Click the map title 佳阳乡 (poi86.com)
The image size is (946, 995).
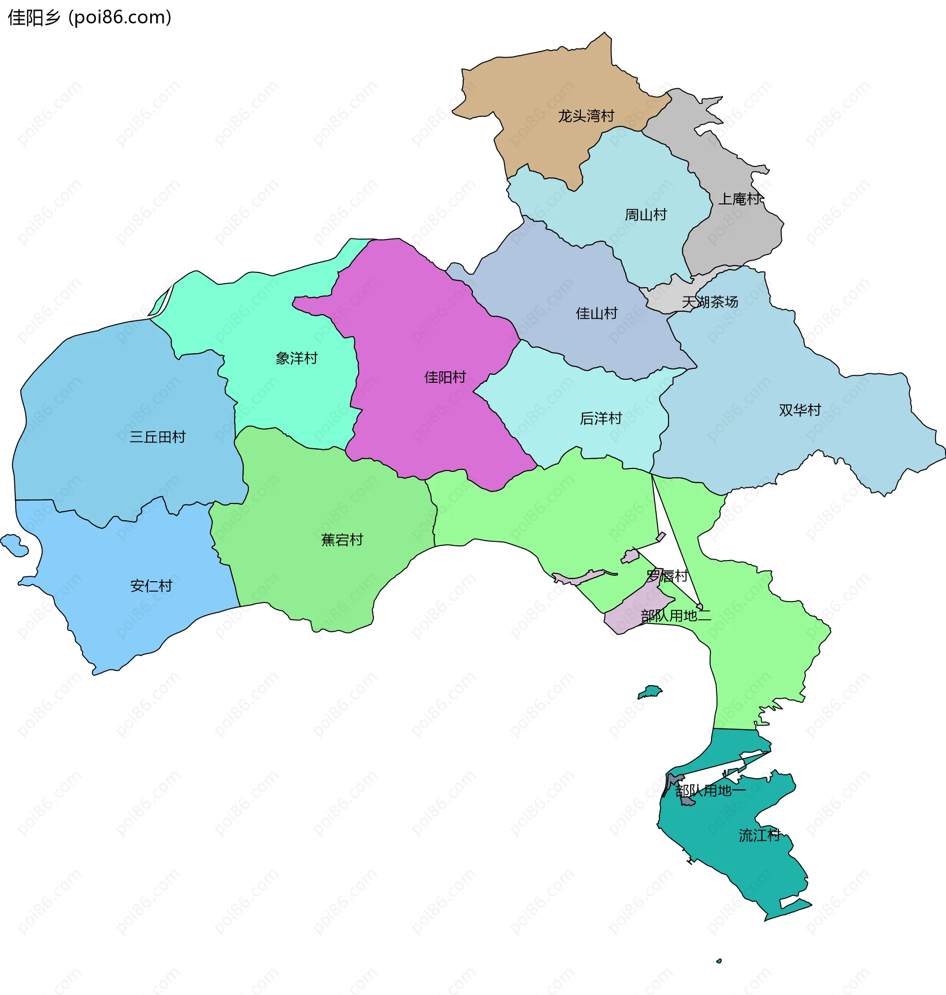90,17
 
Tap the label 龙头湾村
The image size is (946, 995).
585,116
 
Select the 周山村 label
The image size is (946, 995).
645,215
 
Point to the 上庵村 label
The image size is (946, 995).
739,199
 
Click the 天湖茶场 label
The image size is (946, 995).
709,302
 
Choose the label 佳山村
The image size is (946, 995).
597,313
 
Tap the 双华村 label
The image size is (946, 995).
799,410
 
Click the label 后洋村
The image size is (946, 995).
600,418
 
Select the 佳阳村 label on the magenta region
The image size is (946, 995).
445,377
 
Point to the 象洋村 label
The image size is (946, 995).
296,359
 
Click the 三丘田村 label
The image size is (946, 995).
157,436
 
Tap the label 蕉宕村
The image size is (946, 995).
342,540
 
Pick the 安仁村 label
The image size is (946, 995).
151,586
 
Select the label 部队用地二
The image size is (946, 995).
675,615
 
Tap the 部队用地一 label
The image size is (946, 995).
710,791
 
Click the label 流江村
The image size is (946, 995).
759,835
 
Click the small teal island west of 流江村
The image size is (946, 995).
650,692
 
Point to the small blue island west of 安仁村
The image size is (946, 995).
14,545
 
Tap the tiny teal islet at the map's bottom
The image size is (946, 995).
718,961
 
